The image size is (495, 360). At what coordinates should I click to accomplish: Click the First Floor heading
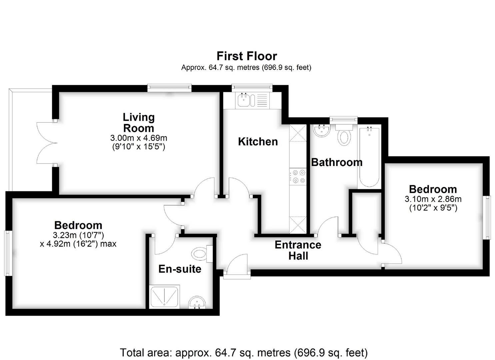(x=247, y=56)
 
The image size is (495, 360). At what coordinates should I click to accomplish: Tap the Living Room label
(x=139, y=123)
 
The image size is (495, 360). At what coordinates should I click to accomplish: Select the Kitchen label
(x=258, y=142)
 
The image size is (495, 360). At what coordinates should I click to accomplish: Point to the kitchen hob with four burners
(x=298, y=176)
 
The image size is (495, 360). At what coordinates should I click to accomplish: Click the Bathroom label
(x=336, y=162)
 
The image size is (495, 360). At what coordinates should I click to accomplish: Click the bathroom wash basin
(x=322, y=130)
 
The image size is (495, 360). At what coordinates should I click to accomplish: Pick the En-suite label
(x=180, y=269)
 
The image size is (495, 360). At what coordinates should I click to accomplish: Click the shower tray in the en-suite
(x=164, y=296)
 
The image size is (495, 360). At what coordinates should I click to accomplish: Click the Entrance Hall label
(x=298, y=250)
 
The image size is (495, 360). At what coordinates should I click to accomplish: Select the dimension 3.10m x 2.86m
(x=433, y=199)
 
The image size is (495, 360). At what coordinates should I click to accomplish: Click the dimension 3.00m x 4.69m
(x=139, y=138)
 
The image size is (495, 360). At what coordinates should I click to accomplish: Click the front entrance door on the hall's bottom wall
(x=237, y=267)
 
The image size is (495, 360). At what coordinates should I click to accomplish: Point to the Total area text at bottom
(x=244, y=352)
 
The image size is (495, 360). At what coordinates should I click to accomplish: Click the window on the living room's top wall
(x=170, y=88)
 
